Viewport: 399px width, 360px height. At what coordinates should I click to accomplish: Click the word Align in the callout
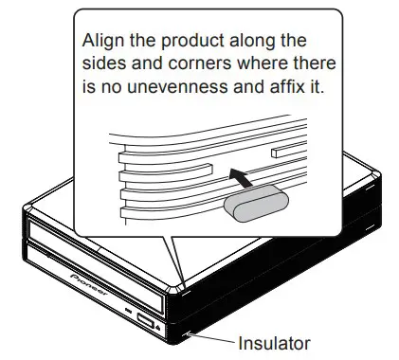(101, 43)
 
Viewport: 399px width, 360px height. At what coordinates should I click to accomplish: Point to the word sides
(103, 66)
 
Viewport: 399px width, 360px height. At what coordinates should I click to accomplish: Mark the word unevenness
(168, 90)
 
